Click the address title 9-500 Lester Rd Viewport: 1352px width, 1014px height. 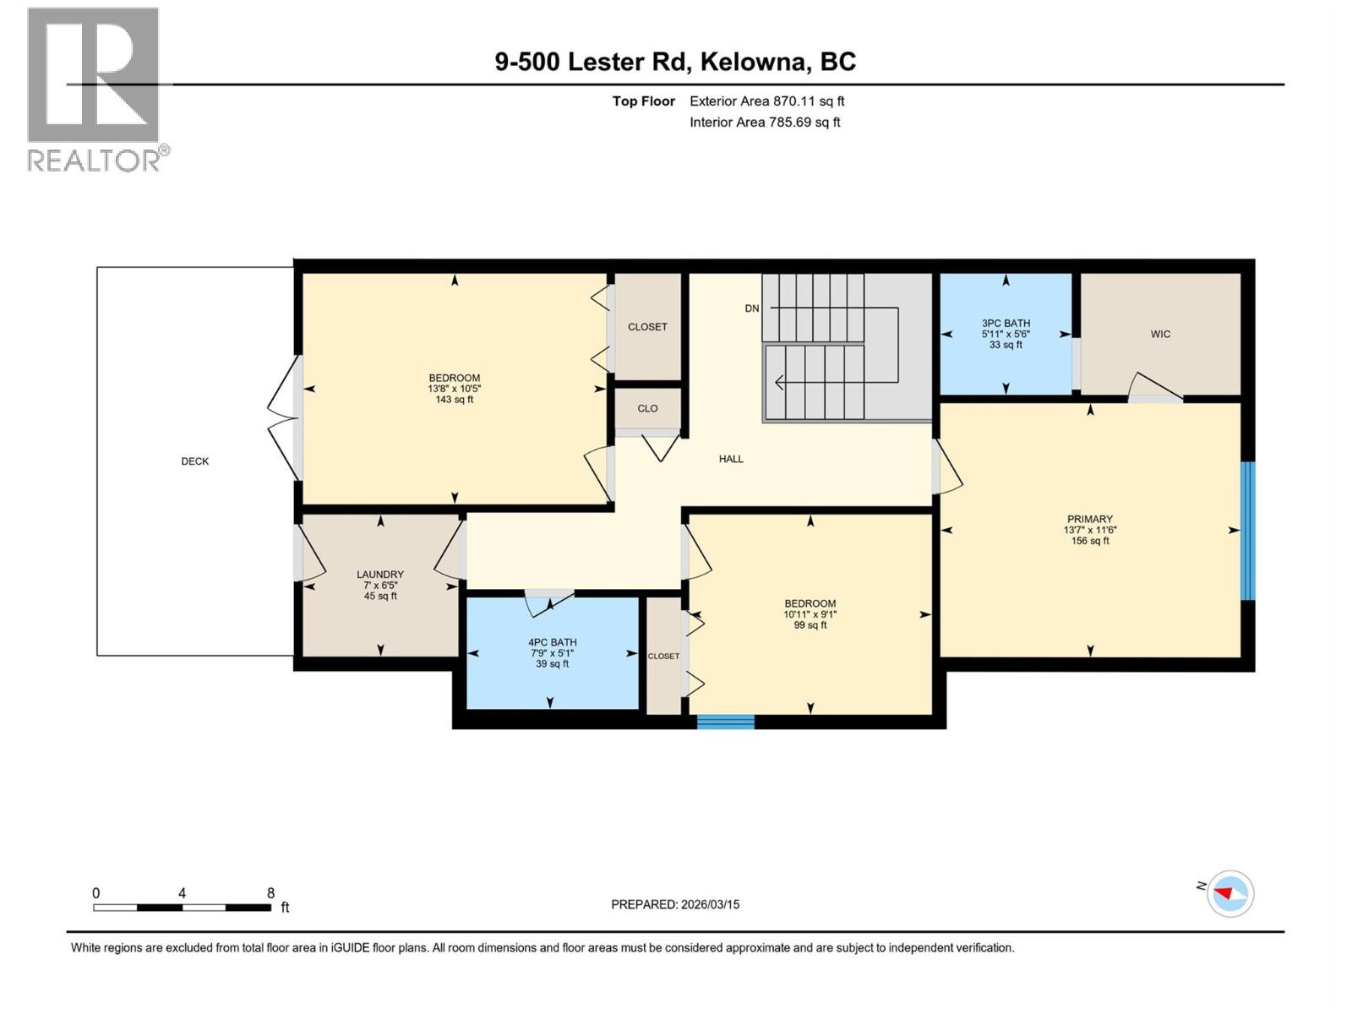[x=675, y=62]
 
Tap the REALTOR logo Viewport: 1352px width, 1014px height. [x=94, y=89]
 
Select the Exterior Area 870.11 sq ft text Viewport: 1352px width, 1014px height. [x=766, y=101]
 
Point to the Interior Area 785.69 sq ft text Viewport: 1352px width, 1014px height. [x=765, y=122]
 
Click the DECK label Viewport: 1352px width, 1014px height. [x=194, y=461]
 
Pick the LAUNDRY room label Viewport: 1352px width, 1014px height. [x=380, y=575]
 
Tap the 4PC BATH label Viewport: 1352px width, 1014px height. [x=552, y=643]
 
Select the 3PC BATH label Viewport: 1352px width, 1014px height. [x=1006, y=324]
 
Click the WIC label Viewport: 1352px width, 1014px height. [x=1160, y=335]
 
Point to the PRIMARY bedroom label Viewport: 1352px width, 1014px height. [x=1089, y=520]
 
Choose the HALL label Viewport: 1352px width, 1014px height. [x=731, y=459]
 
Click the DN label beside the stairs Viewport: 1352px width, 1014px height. [x=751, y=308]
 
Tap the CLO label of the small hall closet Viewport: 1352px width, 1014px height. [x=647, y=408]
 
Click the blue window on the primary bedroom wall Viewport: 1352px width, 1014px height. [x=1247, y=531]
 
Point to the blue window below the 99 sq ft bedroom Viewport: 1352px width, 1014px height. [x=725, y=722]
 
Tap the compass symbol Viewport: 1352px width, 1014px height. [x=1230, y=893]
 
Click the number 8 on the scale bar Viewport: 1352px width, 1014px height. [x=270, y=893]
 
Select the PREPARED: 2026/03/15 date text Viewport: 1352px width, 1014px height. [x=675, y=904]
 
